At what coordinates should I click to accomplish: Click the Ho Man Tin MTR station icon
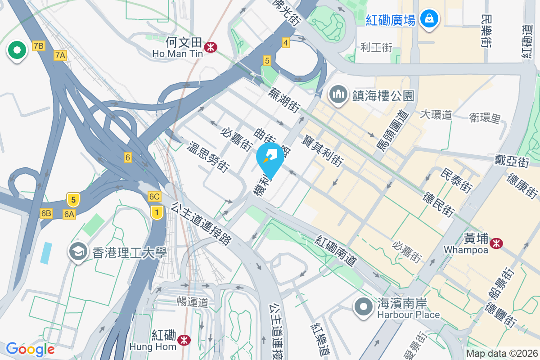[x=210, y=46]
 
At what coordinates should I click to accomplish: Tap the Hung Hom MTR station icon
[x=183, y=340]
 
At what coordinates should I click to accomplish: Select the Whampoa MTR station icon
[x=497, y=243]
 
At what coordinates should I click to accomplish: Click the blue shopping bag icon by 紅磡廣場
[x=429, y=18]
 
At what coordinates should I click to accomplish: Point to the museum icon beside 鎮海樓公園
[x=337, y=94]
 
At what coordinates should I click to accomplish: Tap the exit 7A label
[x=60, y=55]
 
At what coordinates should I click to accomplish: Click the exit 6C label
[x=154, y=197]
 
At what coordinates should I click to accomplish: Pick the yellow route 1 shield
[x=157, y=212]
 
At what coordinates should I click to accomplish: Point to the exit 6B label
[x=46, y=213]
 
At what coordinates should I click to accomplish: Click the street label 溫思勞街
[x=207, y=156]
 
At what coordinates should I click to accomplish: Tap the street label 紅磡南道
[x=336, y=250]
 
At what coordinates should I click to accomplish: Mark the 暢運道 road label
[x=193, y=302]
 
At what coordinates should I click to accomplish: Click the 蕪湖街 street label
[x=284, y=99]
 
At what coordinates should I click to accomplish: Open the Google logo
[x=30, y=349]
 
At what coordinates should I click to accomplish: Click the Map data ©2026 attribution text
[x=502, y=354]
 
